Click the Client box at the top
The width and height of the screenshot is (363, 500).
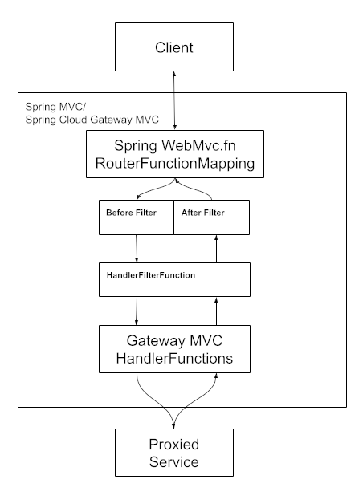point(174,47)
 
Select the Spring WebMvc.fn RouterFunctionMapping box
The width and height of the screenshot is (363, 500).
point(174,155)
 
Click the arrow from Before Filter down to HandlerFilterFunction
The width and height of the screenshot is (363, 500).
point(137,248)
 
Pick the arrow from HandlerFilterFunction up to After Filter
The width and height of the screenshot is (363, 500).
point(215,248)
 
